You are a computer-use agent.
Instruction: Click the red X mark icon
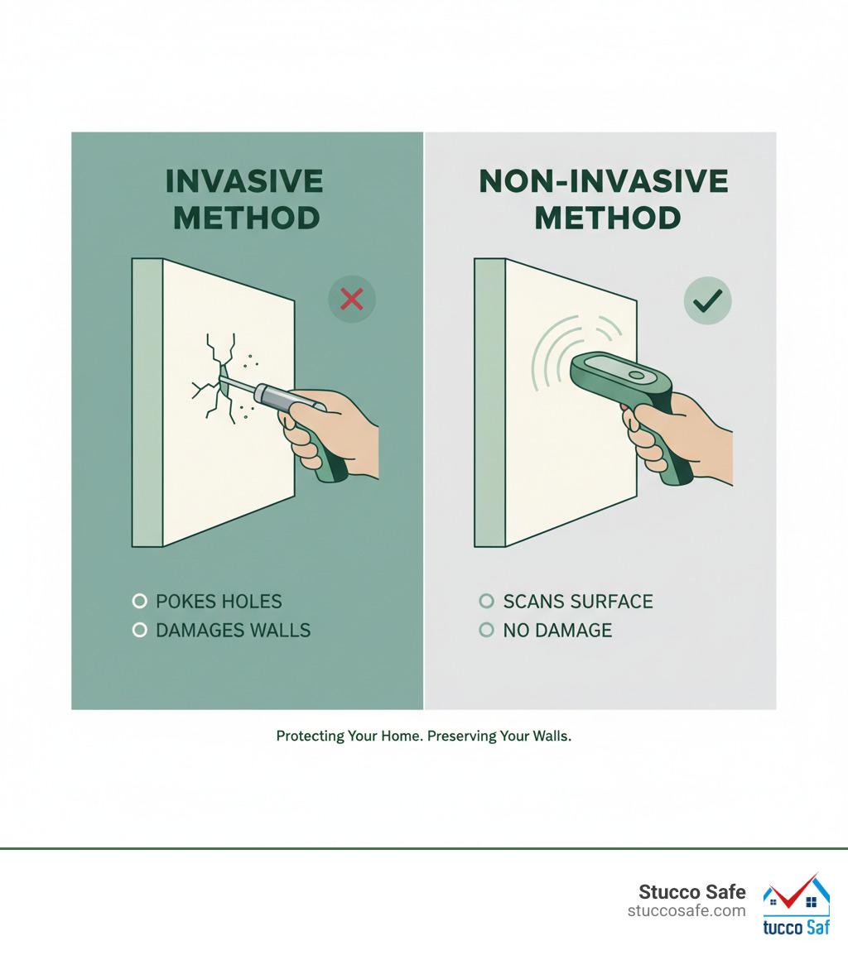coord(352,299)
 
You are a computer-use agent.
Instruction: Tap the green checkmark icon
coord(707,300)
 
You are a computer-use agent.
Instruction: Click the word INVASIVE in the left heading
coord(244,181)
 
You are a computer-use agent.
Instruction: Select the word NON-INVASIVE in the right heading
coord(604,181)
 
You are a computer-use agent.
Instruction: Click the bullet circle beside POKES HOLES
coord(139,602)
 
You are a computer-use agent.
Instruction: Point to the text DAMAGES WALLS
coord(233,631)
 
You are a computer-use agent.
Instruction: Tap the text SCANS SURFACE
coord(578,602)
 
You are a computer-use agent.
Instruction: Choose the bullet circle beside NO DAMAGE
coord(487,631)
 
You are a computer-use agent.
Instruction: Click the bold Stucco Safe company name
coord(691,892)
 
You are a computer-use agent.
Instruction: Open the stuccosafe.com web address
coord(687,911)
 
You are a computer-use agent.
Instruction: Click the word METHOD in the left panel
coord(248,218)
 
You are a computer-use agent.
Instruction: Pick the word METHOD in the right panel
coord(607,218)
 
